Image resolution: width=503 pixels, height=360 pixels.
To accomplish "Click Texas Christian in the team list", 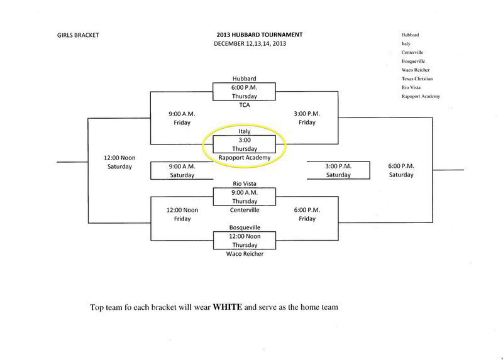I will click(416, 79).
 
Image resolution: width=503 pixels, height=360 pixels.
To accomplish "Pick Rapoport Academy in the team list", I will click(420, 96).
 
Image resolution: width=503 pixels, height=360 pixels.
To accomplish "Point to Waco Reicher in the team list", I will click(414, 70).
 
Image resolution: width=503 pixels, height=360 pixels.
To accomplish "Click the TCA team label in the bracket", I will click(245, 106).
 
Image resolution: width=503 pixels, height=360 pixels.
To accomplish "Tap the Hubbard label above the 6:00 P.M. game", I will click(245, 79).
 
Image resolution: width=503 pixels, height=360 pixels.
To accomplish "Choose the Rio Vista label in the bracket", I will click(245, 183).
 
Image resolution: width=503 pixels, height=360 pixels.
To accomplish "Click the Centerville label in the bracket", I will click(245, 210).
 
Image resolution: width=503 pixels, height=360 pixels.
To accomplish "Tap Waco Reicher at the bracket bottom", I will click(245, 254).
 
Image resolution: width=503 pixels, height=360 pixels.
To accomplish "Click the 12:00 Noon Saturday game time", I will click(119, 162).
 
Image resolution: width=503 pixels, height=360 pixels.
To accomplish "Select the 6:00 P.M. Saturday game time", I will click(401, 170).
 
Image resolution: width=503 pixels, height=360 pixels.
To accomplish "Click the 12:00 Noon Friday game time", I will click(182, 214).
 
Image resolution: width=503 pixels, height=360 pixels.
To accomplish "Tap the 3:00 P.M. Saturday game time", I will click(338, 170).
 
